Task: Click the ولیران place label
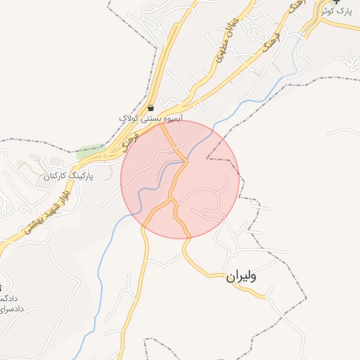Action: [241, 276]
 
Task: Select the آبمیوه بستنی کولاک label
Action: [150, 120]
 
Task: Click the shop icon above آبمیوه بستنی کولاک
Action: [151, 108]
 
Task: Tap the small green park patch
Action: [89, 150]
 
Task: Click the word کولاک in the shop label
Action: [130, 120]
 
